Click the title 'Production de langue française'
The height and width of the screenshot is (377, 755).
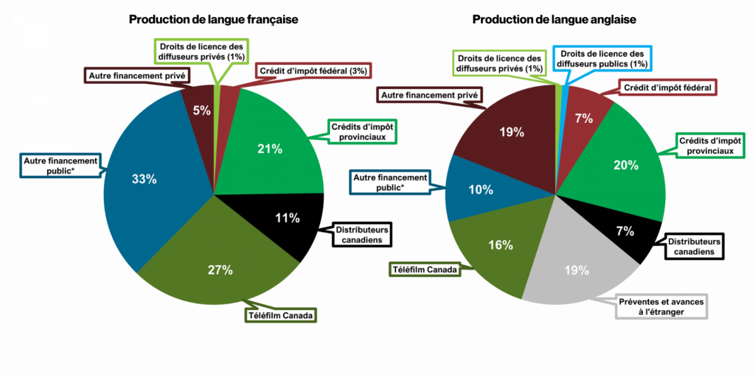pos(214,20)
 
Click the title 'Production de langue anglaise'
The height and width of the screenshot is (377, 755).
pos(554,20)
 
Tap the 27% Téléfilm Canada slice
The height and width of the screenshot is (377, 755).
pos(217,260)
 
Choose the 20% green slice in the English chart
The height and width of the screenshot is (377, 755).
pos(626,163)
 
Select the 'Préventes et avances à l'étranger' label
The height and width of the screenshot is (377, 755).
pos(662,306)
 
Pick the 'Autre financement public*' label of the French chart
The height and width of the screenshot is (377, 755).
pos(61,166)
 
